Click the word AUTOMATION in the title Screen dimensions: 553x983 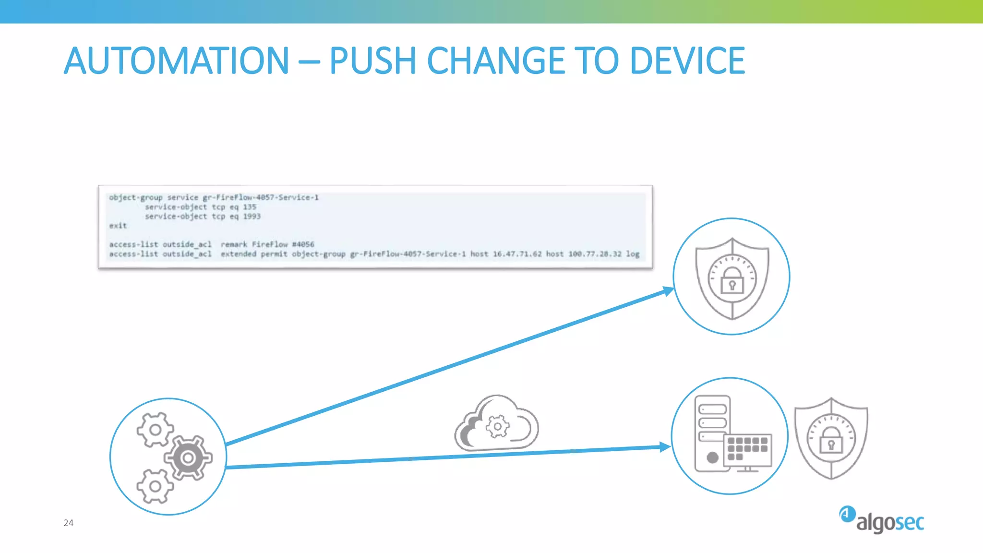(x=176, y=61)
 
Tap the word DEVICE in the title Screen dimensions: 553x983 (x=687, y=61)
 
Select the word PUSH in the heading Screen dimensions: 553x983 (x=372, y=61)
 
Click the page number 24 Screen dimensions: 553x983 (x=69, y=523)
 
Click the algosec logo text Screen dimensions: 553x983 (x=890, y=523)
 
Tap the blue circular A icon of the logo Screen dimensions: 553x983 (x=847, y=514)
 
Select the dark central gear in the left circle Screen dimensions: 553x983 (x=188, y=458)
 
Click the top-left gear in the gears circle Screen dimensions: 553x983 (x=155, y=429)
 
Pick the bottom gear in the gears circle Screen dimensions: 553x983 (x=155, y=486)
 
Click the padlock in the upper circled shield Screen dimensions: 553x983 (x=732, y=281)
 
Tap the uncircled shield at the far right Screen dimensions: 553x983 (x=831, y=438)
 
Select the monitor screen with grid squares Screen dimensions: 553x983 (x=747, y=450)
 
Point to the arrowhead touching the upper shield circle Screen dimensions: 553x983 (x=668, y=291)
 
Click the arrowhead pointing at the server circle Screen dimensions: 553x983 (x=665, y=447)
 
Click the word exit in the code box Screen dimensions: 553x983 (x=118, y=226)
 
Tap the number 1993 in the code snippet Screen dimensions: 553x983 (x=252, y=216)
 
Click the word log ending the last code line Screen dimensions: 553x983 (x=632, y=254)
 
